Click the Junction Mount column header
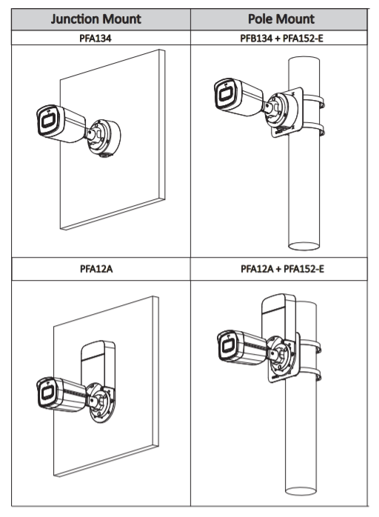pyautogui.click(x=96, y=19)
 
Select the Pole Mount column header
pyautogui.click(x=281, y=19)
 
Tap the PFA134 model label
pyautogui.click(x=95, y=39)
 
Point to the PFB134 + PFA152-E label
pyautogui.click(x=281, y=39)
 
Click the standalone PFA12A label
pyautogui.click(x=96, y=269)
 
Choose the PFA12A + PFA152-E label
pyautogui.click(x=282, y=269)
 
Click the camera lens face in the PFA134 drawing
pyautogui.click(x=47, y=120)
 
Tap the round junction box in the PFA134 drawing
pyautogui.click(x=104, y=137)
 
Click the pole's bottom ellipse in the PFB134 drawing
pyautogui.click(x=303, y=247)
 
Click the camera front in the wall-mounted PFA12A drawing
pyautogui.click(x=46, y=393)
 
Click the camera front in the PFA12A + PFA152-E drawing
pyautogui.click(x=228, y=346)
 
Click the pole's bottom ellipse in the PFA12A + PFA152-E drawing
pyautogui.click(x=301, y=491)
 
